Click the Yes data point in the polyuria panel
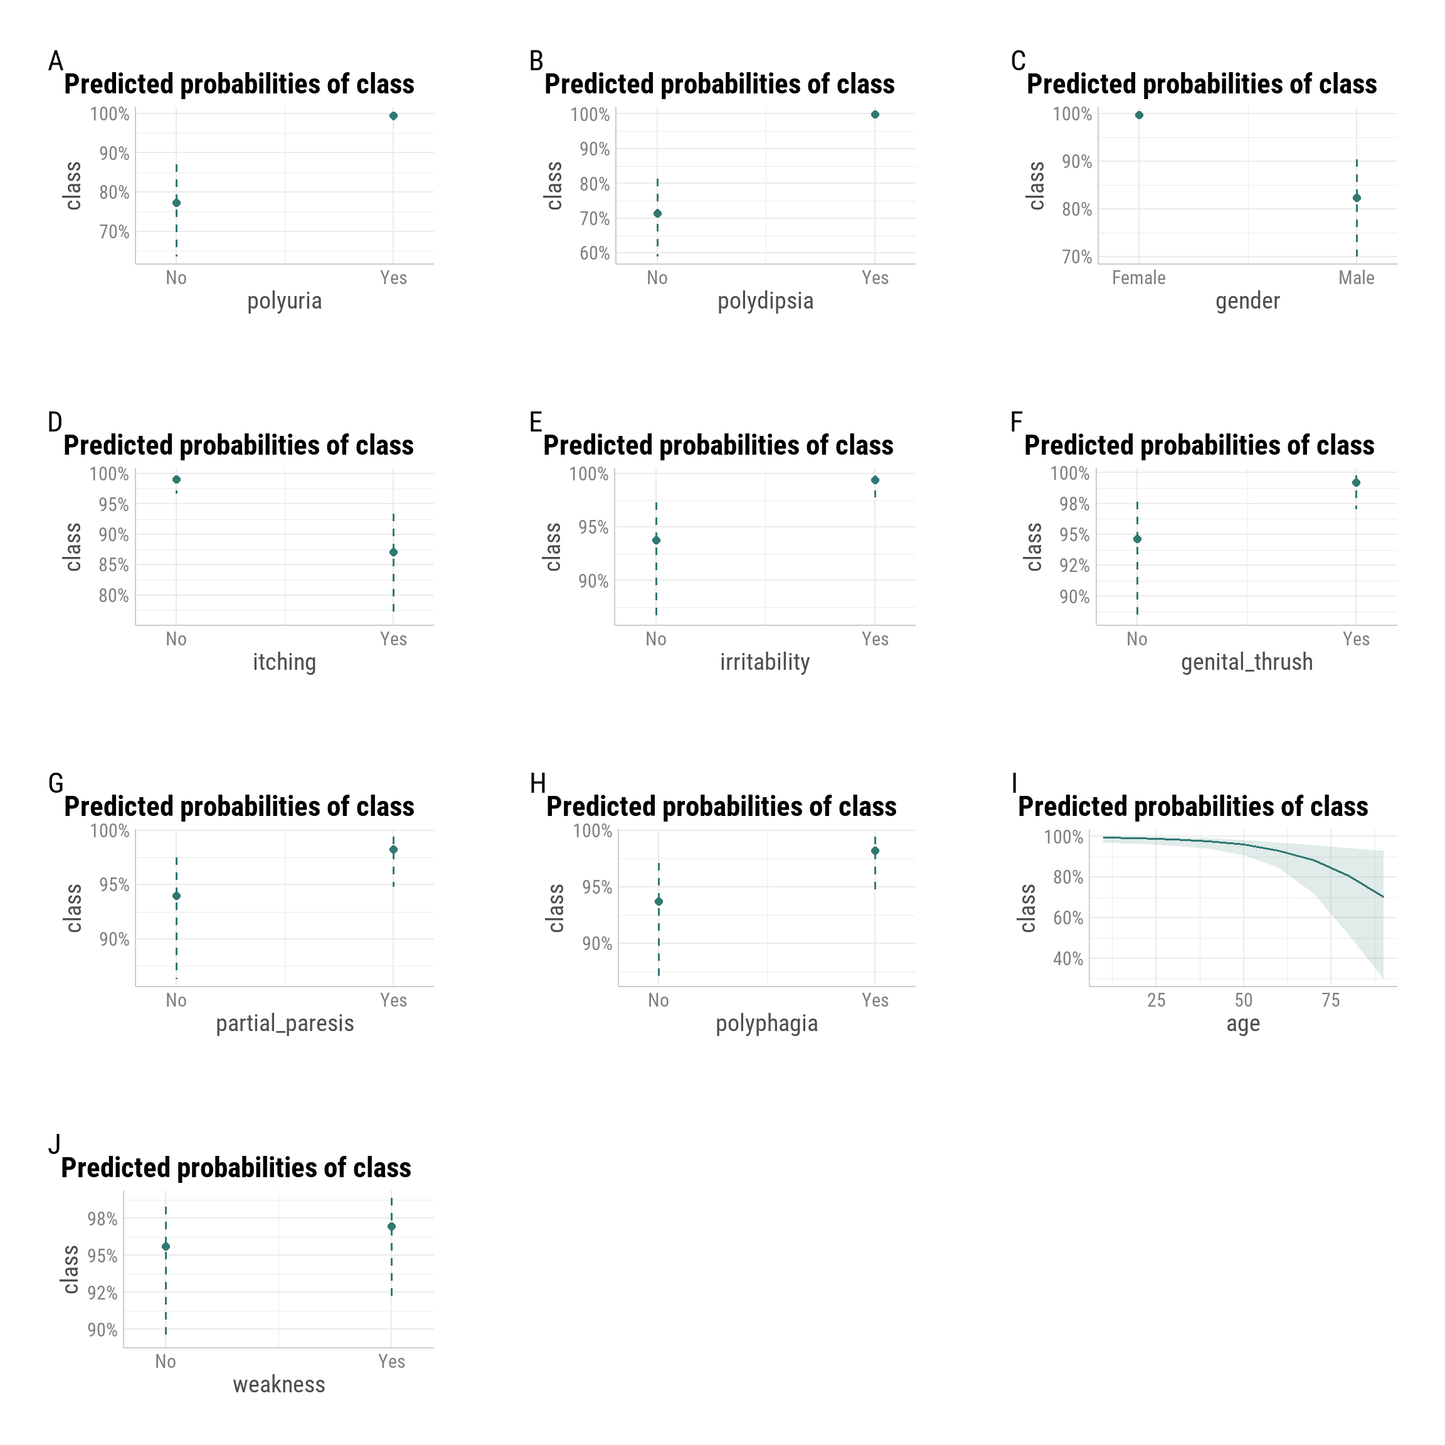coord(393,116)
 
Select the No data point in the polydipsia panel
coord(657,214)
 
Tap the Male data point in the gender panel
coord(1357,198)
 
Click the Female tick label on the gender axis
coord(1138,278)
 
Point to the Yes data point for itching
coord(393,553)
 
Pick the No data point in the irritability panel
coord(656,541)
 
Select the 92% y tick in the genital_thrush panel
coord(1074,566)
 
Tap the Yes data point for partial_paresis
coord(393,850)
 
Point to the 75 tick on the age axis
coord(1331,1001)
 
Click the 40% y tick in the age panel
coord(1068,959)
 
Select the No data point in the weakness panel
coord(166,1247)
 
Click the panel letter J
coord(54,1145)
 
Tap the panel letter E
coord(536,423)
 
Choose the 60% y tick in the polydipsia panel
coord(595,253)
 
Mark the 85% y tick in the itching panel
coord(114,566)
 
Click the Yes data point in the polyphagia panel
coord(875,852)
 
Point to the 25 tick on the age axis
coord(1157,1001)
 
